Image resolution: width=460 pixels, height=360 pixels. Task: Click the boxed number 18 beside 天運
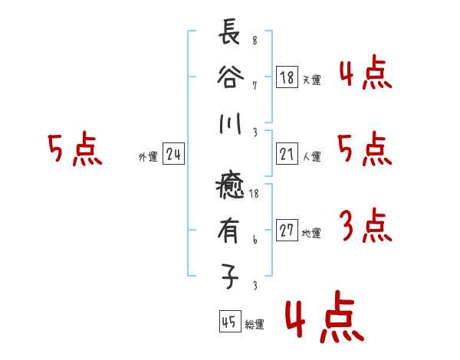[287, 77]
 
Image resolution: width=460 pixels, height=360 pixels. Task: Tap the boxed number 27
[287, 231]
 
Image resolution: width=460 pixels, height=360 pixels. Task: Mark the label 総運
[255, 324]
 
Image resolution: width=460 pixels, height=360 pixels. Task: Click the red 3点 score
[365, 225]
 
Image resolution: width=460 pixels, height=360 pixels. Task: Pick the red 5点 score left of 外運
[74, 150]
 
